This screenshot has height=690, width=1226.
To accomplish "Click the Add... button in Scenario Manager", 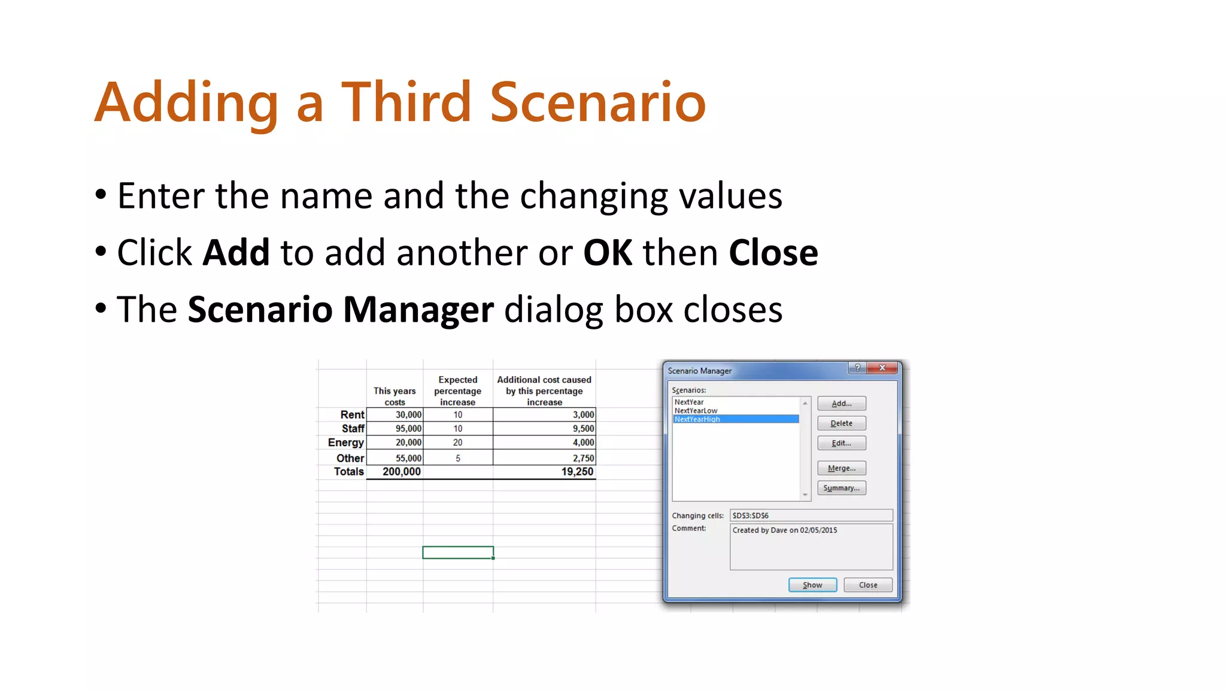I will pos(841,404).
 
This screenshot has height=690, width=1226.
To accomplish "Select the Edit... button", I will pos(841,443).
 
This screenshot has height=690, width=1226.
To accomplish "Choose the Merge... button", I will pos(841,468).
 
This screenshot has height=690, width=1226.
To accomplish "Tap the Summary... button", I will pos(841,488).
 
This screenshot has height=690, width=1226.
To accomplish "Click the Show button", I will pos(812,585).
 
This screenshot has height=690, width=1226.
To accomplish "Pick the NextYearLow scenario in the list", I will pos(696,411).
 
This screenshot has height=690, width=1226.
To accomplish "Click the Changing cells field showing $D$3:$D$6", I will pos(811,516).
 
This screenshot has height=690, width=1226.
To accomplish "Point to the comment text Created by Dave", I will pos(784,531).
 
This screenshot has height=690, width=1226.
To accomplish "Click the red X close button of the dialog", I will pos(882,368).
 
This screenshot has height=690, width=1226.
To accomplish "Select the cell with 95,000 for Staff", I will pos(408,429).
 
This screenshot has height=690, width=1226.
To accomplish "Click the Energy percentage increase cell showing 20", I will pos(458,443).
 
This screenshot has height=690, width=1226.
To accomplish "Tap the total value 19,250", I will pos(577,472).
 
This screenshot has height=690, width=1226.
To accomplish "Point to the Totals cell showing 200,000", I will pos(402,472).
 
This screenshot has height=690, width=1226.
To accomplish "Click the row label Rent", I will pos(352,415).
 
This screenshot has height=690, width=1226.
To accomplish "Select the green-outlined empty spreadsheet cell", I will pos(458,552).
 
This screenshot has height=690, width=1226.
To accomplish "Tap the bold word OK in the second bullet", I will pos(608,253).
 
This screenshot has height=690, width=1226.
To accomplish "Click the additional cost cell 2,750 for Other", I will pos(583,459).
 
